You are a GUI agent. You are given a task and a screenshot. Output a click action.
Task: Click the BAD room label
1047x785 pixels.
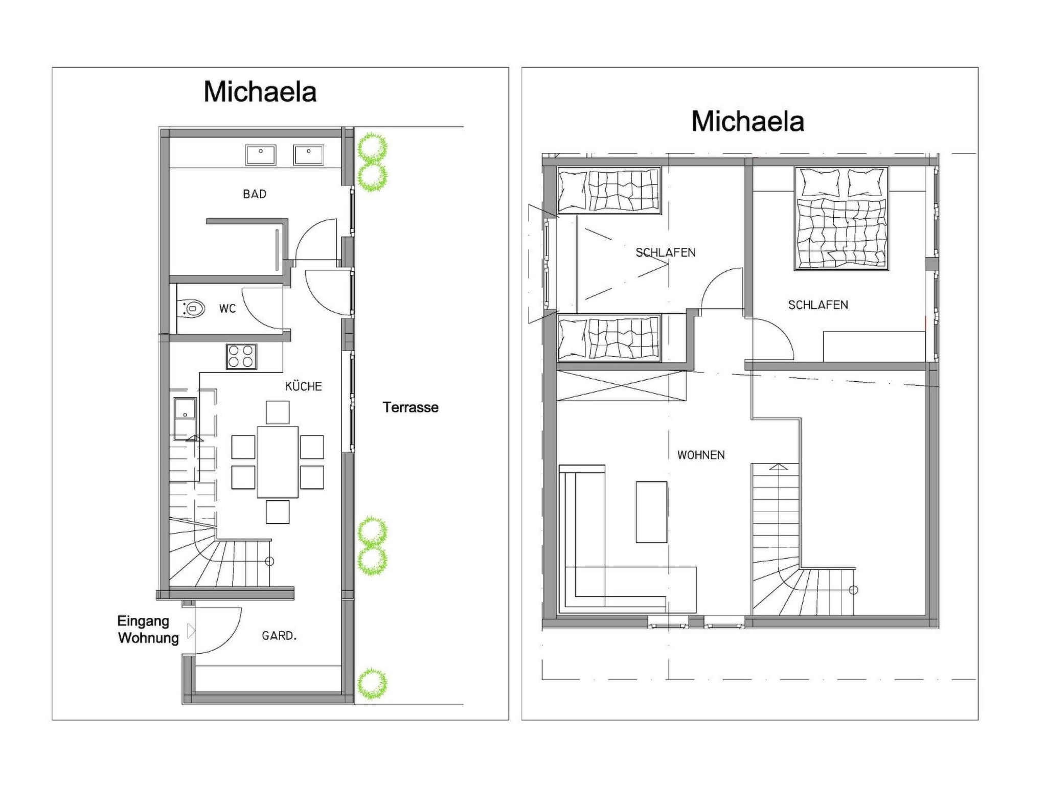tap(255, 194)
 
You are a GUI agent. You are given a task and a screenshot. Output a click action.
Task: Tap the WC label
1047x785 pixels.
tap(227, 309)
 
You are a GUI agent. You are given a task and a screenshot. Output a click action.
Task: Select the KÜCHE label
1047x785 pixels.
tap(304, 386)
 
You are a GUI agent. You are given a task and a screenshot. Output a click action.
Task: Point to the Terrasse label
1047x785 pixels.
tap(411, 407)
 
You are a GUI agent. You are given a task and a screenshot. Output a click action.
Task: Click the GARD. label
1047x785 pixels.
tap(279, 636)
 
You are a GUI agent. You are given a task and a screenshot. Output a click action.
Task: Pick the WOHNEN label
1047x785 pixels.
tap(701, 455)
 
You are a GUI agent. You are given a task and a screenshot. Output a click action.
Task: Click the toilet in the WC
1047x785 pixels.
tap(191, 309)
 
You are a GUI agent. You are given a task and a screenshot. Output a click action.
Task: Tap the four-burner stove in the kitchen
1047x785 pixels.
tap(242, 356)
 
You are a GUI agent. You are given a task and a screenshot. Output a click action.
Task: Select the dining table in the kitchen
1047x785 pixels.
tap(278, 462)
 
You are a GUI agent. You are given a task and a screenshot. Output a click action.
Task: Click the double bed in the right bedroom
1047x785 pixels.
tap(841, 218)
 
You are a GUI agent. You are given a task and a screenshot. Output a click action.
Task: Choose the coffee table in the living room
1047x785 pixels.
tap(651, 512)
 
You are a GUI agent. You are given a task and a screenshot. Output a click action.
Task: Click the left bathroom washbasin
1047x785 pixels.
tap(261, 155)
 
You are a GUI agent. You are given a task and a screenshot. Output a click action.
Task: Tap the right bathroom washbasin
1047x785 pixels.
tap(308, 155)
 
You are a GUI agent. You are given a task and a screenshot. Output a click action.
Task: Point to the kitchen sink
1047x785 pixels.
tap(185, 419)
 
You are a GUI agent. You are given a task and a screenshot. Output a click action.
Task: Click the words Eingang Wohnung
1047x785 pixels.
tap(148, 630)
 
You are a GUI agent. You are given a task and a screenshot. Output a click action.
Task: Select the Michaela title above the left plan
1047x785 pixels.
tap(260, 92)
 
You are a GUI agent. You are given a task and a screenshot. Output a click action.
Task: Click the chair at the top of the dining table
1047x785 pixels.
tap(278, 412)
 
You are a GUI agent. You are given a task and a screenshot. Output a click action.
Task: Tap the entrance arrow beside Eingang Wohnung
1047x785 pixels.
tap(191, 631)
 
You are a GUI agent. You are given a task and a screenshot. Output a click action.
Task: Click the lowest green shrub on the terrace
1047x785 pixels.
tap(372, 684)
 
